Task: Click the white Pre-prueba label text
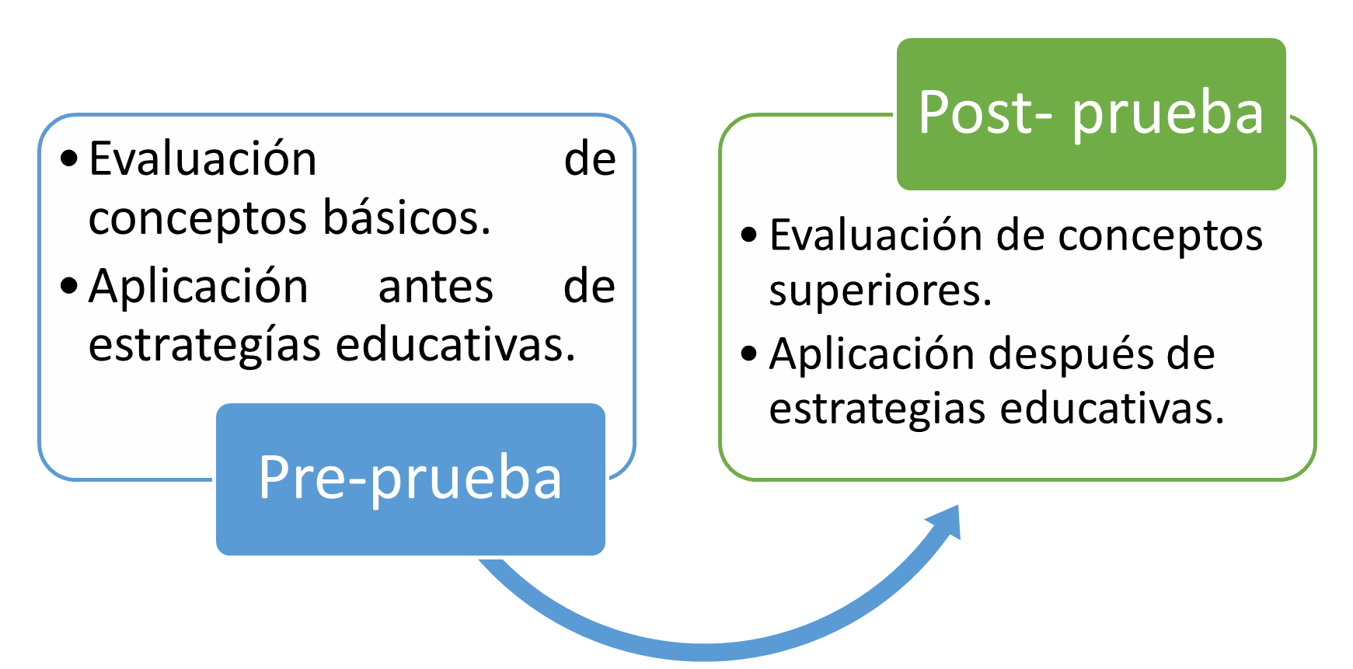(410, 478)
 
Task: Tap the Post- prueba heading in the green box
(1090, 113)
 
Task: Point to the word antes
(435, 287)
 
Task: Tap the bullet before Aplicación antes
(69, 286)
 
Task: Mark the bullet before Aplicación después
(749, 354)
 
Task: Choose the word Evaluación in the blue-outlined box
(203, 159)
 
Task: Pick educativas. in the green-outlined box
(1112, 409)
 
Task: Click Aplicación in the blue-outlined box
(198, 287)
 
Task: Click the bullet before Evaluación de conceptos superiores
(749, 235)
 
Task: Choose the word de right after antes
(589, 287)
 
